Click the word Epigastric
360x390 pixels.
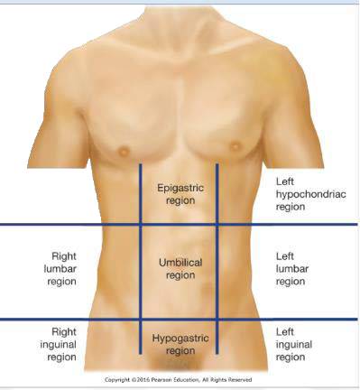pyautogui.click(x=180, y=188)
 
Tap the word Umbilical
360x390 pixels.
pyautogui.click(x=180, y=262)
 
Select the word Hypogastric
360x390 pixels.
pyautogui.click(x=180, y=338)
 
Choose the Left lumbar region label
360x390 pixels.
pyautogui.click(x=291, y=268)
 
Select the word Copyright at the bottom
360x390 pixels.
pyautogui.click(x=122, y=379)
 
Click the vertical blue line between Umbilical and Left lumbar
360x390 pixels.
pyautogui.click(x=217, y=271)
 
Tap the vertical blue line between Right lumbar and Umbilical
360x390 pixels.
pyautogui.click(x=141, y=271)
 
